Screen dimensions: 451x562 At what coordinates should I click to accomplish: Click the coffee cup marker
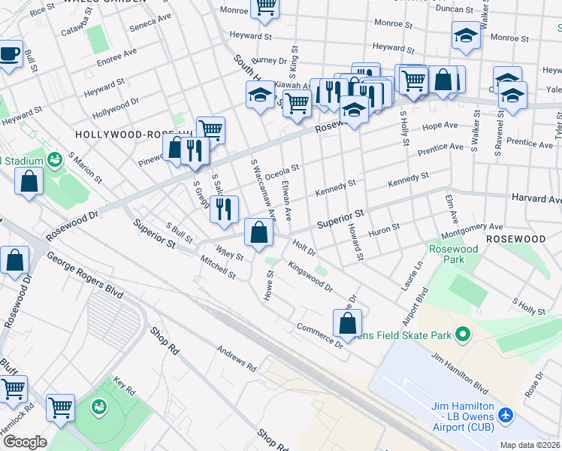tap(9, 55)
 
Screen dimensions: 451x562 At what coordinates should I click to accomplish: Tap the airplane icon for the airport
tap(506, 414)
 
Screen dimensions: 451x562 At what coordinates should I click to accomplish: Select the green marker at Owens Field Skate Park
tap(463, 333)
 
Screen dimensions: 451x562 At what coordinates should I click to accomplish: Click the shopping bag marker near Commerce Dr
tap(348, 322)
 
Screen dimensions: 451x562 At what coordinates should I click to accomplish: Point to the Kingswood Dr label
tap(310, 276)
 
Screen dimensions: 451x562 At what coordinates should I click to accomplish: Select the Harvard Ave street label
tap(536, 200)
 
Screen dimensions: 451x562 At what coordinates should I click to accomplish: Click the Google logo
tap(24, 442)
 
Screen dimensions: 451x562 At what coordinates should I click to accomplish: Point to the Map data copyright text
tap(530, 445)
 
